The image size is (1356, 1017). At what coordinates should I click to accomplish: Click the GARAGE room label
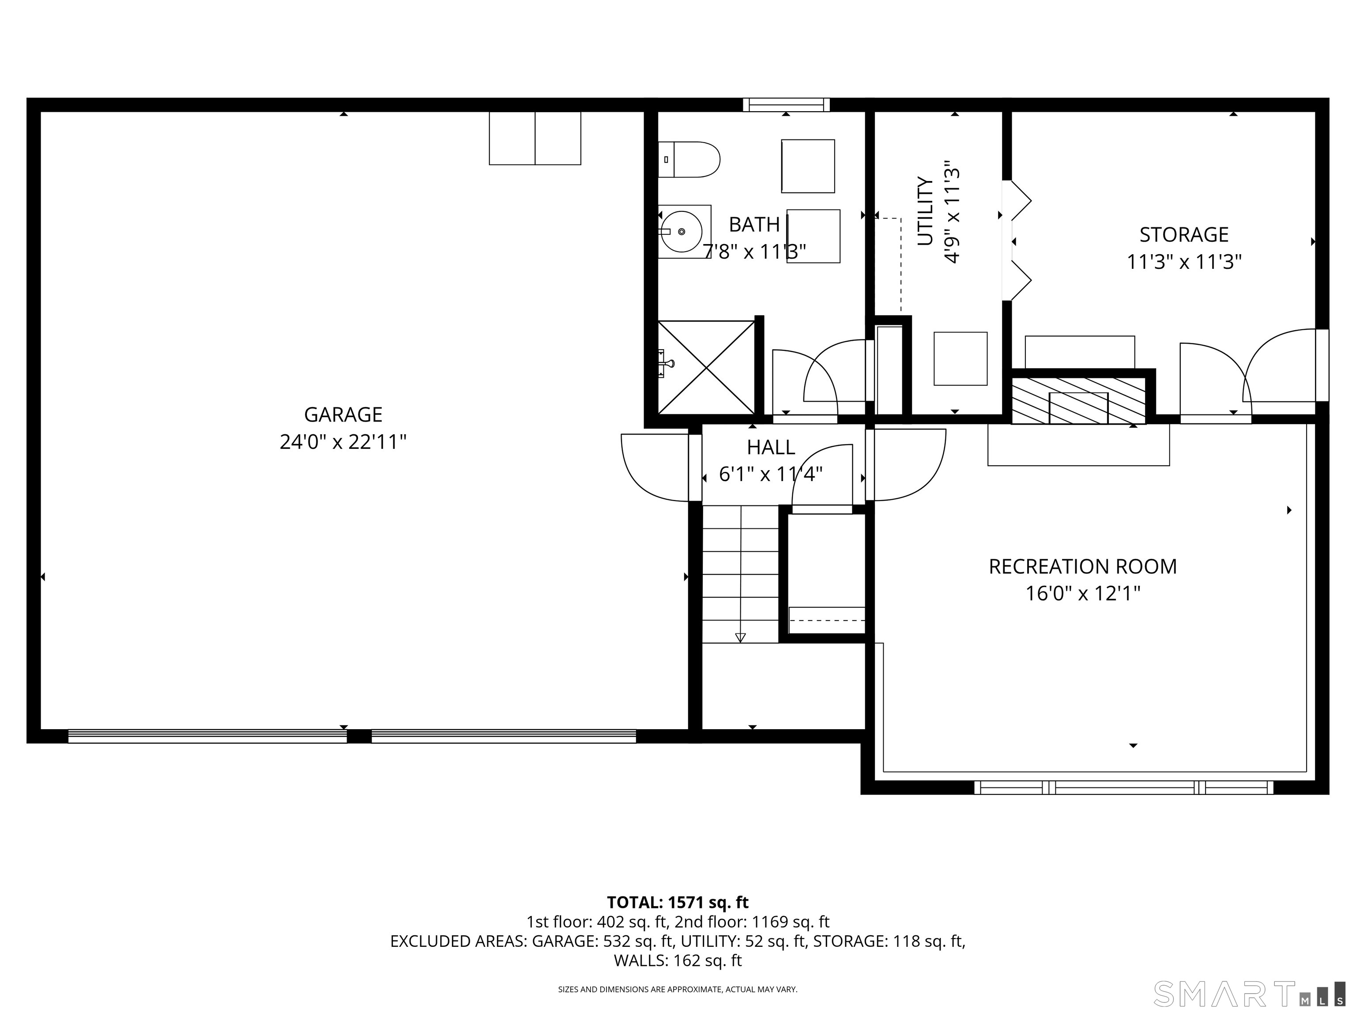click(343, 414)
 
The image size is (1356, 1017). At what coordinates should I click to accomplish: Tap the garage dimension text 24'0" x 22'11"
click(343, 441)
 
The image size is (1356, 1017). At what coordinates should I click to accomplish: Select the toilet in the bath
click(689, 159)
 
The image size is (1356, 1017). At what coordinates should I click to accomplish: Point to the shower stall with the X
click(706, 367)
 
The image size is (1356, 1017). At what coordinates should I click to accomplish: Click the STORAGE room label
click(1184, 234)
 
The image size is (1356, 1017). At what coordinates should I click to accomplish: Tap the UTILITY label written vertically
click(925, 211)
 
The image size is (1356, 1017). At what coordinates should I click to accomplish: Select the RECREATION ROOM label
click(1083, 566)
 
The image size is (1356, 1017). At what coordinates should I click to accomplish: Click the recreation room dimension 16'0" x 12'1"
click(1083, 593)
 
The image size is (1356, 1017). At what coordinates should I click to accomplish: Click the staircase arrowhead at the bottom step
click(741, 637)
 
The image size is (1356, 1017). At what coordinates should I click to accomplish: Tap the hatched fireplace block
click(1078, 401)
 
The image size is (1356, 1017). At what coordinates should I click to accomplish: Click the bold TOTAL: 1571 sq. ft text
click(678, 902)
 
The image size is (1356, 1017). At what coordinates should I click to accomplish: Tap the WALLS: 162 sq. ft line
click(678, 960)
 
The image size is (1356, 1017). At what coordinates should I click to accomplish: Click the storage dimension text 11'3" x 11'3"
click(1184, 262)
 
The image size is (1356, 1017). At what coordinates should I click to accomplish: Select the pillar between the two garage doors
click(359, 736)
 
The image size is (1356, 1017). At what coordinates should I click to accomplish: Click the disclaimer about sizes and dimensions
click(678, 990)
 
